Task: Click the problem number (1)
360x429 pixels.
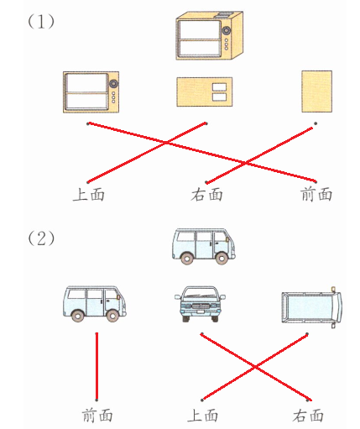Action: click(x=41, y=22)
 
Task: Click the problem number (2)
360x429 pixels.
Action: click(x=41, y=238)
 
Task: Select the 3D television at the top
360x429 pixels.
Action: click(x=210, y=35)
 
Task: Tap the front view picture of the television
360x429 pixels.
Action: click(x=91, y=92)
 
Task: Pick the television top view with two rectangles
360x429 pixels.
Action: click(x=205, y=92)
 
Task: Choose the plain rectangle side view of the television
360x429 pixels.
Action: click(x=317, y=92)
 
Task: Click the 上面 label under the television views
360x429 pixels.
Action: click(x=89, y=195)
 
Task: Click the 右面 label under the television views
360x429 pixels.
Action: click(x=206, y=195)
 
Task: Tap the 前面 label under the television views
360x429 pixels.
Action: click(x=316, y=195)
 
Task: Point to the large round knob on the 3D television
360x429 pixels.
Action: click(x=227, y=30)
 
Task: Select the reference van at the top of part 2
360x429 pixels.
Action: click(x=204, y=246)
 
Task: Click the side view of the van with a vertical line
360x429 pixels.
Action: click(x=95, y=304)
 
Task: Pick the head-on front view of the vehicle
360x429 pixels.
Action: click(x=201, y=304)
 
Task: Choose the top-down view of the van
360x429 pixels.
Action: click(x=311, y=307)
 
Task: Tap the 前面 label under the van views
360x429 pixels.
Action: click(x=97, y=416)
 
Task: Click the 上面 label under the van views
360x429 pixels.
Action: click(x=202, y=416)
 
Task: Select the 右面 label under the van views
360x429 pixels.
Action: click(x=308, y=416)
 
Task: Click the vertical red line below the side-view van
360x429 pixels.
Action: click(x=97, y=367)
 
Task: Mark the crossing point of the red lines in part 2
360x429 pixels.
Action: click(x=255, y=367)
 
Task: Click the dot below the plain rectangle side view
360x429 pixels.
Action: click(x=316, y=123)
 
